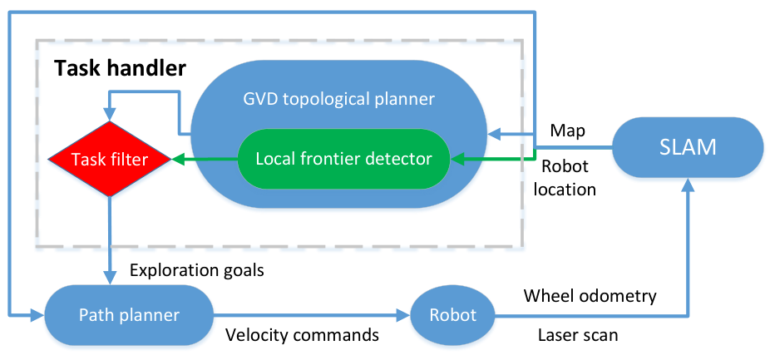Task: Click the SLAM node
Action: pyautogui.click(x=689, y=147)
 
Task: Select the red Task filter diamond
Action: pyautogui.click(x=109, y=159)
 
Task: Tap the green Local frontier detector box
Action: pyautogui.click(x=343, y=159)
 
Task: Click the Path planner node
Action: pyautogui.click(x=129, y=314)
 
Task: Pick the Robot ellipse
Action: pyautogui.click(x=452, y=314)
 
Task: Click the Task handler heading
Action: pyautogui.click(x=121, y=69)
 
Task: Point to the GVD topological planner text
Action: pyautogui.click(x=338, y=99)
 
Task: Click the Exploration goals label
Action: pyautogui.click(x=197, y=270)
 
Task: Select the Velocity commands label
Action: pyautogui.click(x=303, y=335)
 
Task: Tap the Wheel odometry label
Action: pyautogui.click(x=590, y=296)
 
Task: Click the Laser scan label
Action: pyautogui.click(x=578, y=335)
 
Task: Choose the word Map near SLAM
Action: pyautogui.click(x=568, y=131)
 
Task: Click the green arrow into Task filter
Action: pyautogui.click(x=205, y=159)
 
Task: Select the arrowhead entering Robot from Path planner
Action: pyautogui.click(x=404, y=314)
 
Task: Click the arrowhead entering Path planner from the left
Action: pyautogui.click(x=37, y=314)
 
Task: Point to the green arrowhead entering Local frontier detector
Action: pyautogui.click(x=457, y=159)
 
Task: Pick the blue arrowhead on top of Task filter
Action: pyautogui.click(x=109, y=115)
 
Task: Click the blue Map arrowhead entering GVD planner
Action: pyautogui.click(x=494, y=132)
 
